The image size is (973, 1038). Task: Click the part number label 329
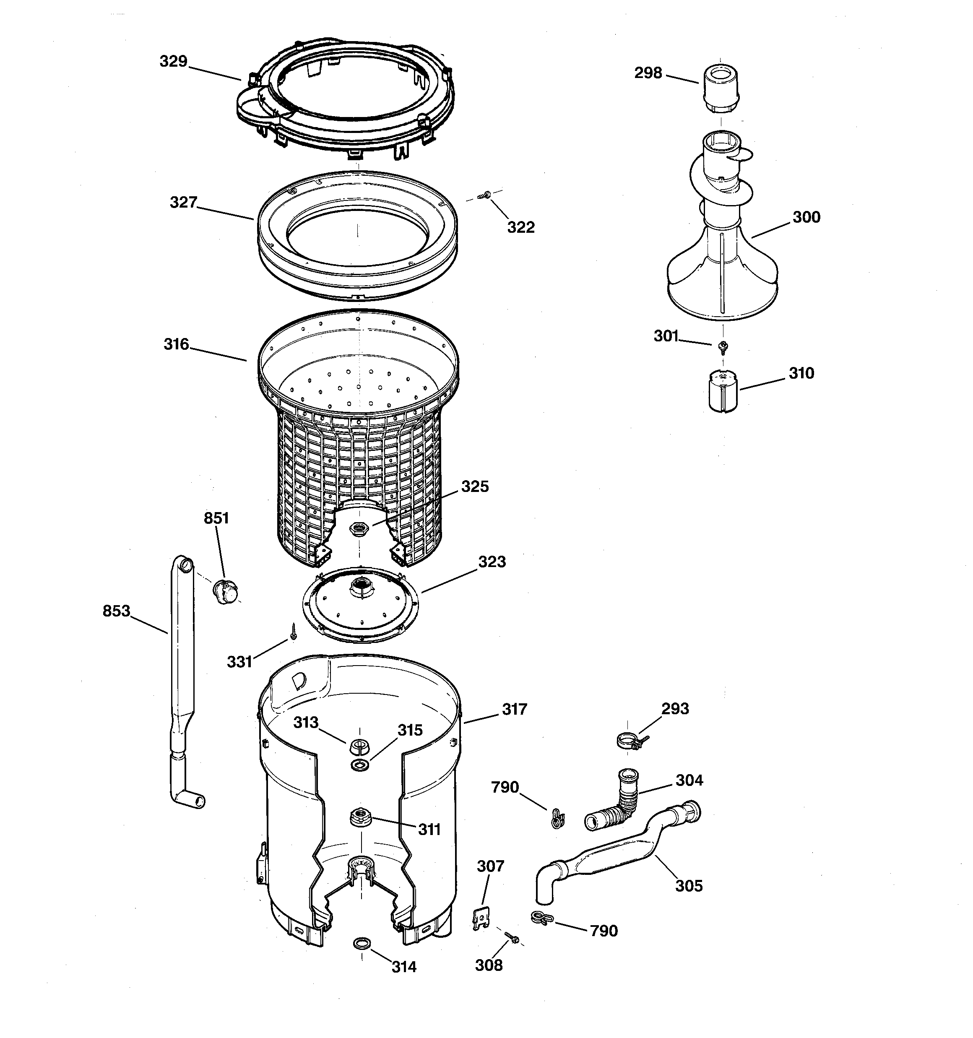point(173,62)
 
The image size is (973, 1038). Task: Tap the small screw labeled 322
point(485,195)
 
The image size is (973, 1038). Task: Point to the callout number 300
point(806,217)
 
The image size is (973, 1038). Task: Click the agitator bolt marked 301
point(723,346)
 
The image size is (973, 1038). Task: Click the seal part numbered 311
point(360,816)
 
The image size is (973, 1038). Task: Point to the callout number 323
point(492,562)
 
